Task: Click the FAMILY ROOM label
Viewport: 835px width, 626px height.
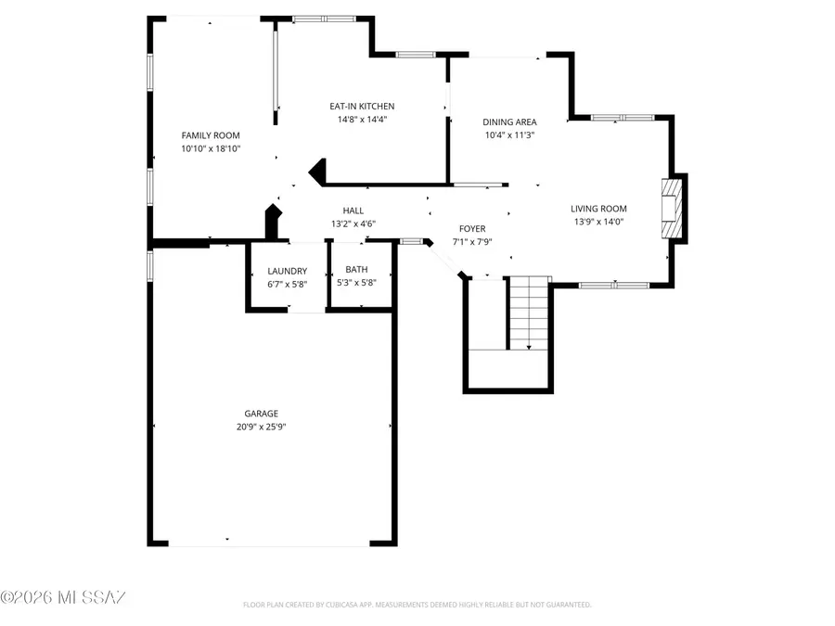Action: click(x=211, y=135)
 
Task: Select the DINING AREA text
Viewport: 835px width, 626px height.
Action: click(x=509, y=122)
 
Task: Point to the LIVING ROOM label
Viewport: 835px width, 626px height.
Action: click(x=598, y=209)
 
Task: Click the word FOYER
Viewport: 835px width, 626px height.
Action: click(x=472, y=229)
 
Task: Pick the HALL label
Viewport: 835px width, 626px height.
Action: click(x=353, y=211)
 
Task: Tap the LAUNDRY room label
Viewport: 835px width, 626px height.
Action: click(x=287, y=271)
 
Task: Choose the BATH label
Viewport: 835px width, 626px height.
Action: click(x=355, y=271)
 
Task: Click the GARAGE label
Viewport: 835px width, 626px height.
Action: click(x=261, y=414)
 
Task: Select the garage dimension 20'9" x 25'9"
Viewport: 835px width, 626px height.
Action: click(x=261, y=427)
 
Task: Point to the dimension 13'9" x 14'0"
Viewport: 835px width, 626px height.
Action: click(x=598, y=222)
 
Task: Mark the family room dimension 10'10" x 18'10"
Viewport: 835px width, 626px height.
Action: click(x=211, y=148)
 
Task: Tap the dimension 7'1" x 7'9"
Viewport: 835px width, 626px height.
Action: click(x=472, y=242)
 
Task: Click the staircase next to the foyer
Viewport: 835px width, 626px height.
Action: click(x=529, y=313)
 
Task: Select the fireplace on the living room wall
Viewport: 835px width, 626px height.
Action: click(x=672, y=208)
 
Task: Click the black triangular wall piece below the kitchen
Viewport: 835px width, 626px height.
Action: click(x=318, y=171)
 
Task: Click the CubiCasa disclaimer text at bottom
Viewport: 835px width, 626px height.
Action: click(x=417, y=605)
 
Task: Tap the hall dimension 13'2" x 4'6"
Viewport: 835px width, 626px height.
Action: click(x=353, y=224)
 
